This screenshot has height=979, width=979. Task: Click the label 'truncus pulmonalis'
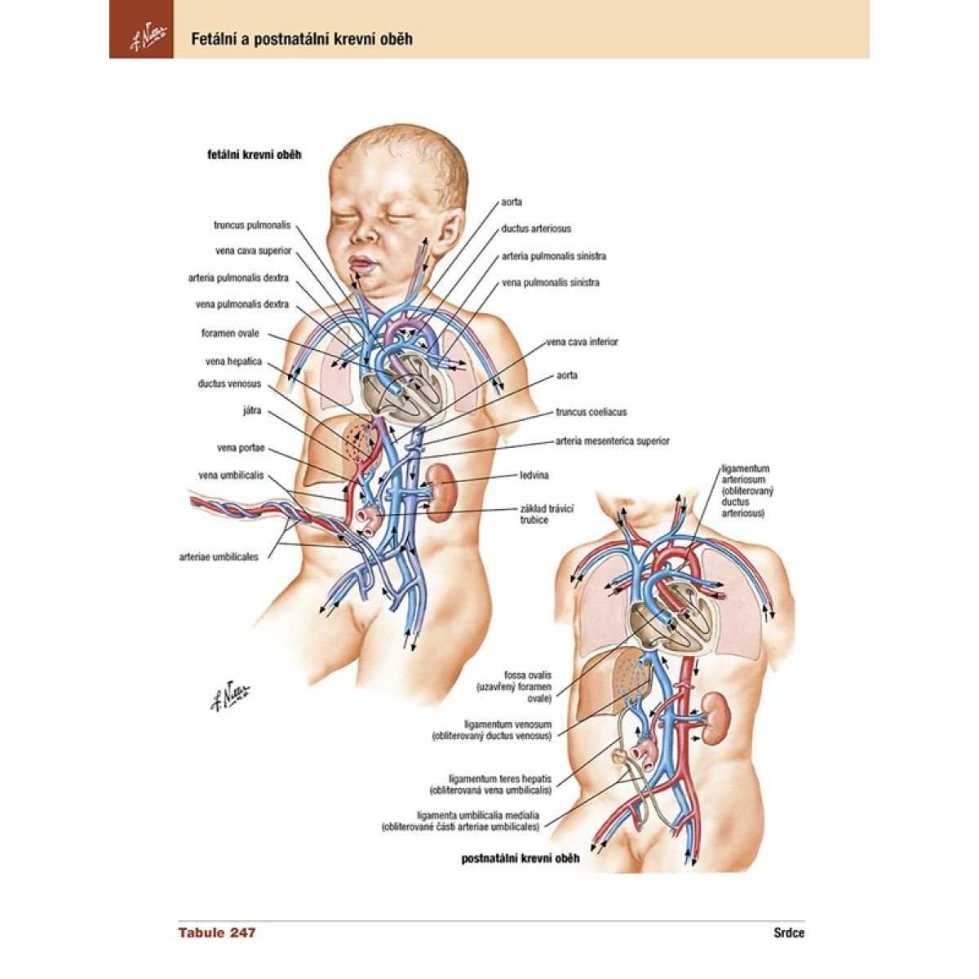click(251, 225)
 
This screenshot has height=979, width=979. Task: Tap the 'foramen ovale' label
click(230, 334)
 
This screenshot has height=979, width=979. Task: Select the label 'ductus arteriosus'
click(536, 229)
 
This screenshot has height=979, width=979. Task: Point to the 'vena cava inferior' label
click(582, 342)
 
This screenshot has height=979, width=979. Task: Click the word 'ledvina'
click(534, 475)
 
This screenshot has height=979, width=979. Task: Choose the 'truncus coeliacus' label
click(591, 413)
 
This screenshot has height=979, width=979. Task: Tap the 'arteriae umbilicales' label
click(219, 557)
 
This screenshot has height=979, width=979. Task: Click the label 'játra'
click(252, 410)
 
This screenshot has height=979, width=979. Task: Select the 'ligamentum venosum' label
click(507, 724)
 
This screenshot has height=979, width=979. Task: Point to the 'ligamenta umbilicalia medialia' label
click(477, 815)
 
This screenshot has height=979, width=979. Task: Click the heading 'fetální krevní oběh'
click(255, 154)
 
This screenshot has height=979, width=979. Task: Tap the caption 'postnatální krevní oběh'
click(521, 858)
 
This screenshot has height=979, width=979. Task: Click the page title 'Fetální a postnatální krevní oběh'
click(301, 38)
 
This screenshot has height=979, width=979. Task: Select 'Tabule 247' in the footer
click(217, 932)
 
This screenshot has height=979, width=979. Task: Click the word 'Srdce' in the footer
click(789, 933)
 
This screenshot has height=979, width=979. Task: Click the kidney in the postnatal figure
click(716, 718)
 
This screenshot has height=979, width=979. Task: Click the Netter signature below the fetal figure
click(230, 694)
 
